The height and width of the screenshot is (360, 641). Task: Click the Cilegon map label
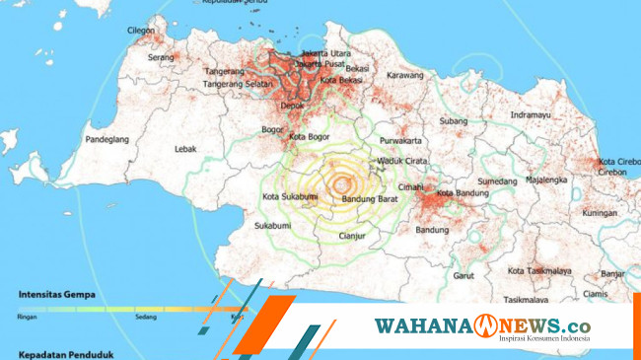tap(140, 32)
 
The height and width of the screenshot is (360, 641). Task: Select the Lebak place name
tap(185, 149)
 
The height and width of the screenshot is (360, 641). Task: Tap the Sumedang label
tap(497, 181)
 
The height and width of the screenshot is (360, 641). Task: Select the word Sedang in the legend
tap(146, 318)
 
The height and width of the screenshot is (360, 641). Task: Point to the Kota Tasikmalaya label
tap(542, 270)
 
